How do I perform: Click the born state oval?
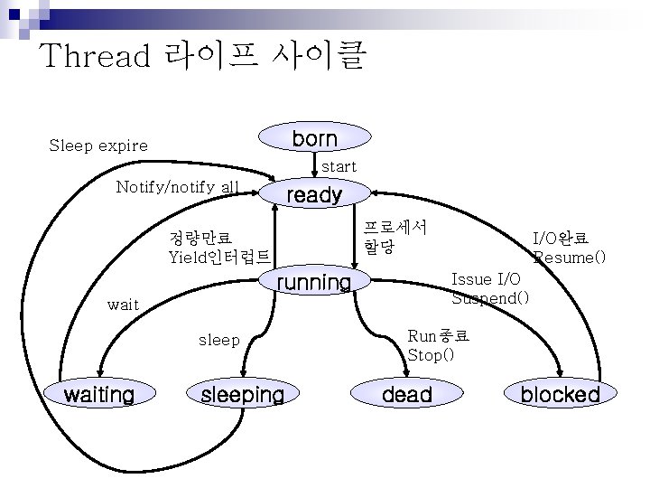point(315,138)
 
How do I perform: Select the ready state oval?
point(313,194)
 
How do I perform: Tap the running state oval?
point(313,283)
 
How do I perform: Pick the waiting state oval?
point(98,394)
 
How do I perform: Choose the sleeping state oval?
point(242,394)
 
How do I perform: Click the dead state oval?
point(407,394)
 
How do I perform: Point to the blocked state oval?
point(560,394)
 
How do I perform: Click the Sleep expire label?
point(98,145)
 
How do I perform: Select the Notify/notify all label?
point(178,187)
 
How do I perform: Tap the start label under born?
point(339,166)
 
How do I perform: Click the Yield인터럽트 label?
point(219,256)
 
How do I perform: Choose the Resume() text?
point(570,258)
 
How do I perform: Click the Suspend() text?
point(490,297)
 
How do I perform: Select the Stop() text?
point(431,354)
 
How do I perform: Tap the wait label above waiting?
point(123,305)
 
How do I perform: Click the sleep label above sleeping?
point(219,340)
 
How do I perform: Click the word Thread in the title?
point(95,56)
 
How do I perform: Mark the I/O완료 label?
point(561,239)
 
